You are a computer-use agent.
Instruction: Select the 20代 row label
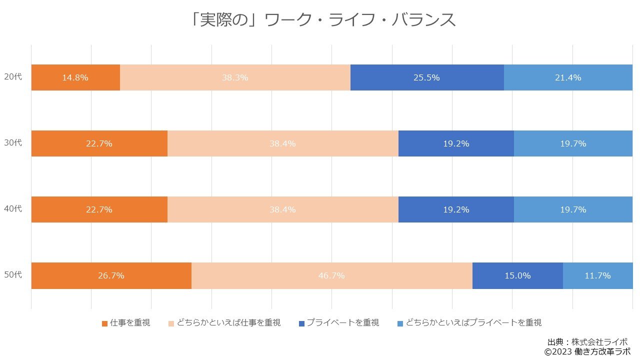coord(13,77)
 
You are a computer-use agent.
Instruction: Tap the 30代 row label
coord(13,143)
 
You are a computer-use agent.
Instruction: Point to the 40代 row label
coord(13,209)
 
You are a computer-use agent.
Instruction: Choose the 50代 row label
coord(13,275)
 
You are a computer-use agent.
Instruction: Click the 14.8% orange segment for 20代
coord(75,77)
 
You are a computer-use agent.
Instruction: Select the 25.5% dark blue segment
coord(426,77)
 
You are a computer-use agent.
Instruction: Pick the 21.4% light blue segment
coord(568,77)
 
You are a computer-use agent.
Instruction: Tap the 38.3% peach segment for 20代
coord(235,77)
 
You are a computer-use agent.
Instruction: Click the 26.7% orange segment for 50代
coord(111,275)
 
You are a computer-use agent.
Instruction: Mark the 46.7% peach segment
coord(331,275)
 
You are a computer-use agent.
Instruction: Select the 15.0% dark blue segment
coord(517,275)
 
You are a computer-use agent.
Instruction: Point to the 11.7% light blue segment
coord(597,275)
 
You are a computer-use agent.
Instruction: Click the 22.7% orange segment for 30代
coord(99,143)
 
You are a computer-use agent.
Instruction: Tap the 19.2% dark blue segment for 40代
coord(456,209)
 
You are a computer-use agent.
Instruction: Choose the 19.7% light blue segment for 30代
coord(573,143)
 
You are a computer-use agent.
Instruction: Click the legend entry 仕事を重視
coord(126,323)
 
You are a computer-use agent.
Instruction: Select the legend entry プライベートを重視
coord(338,323)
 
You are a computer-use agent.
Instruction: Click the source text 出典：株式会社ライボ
coord(587,342)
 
